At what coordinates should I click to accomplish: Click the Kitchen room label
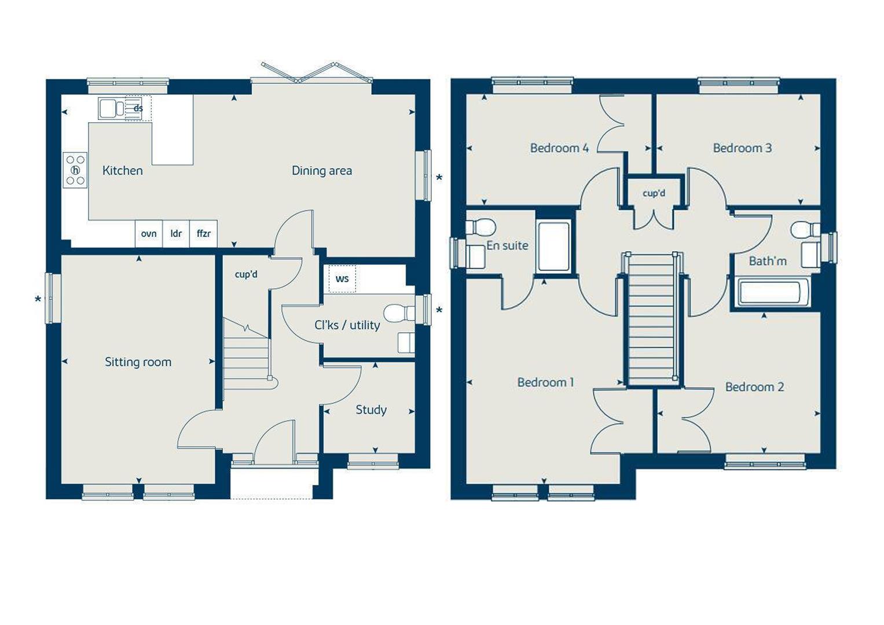tap(122, 171)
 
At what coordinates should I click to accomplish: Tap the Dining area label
tap(321, 171)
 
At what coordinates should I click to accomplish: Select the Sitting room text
tap(138, 362)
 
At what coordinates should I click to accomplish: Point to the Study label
tap(371, 410)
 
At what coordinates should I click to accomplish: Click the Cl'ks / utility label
tap(347, 325)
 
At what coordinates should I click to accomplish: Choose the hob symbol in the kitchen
tap(75, 170)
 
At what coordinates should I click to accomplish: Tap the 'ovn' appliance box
tap(149, 234)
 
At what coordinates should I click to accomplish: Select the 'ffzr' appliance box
tap(204, 234)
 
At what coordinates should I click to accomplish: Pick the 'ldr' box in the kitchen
tap(176, 234)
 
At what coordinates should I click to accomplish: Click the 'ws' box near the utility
tap(342, 279)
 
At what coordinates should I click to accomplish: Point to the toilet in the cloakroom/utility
tap(399, 312)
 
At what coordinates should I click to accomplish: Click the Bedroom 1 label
tap(545, 383)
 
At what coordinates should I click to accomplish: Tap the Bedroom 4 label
tap(559, 148)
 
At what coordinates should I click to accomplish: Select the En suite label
tap(507, 246)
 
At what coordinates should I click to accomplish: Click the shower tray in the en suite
tap(553, 246)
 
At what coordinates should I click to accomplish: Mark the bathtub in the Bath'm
tap(773, 292)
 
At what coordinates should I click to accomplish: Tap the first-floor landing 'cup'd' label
tap(654, 193)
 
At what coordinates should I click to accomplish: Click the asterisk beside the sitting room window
tap(38, 300)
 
